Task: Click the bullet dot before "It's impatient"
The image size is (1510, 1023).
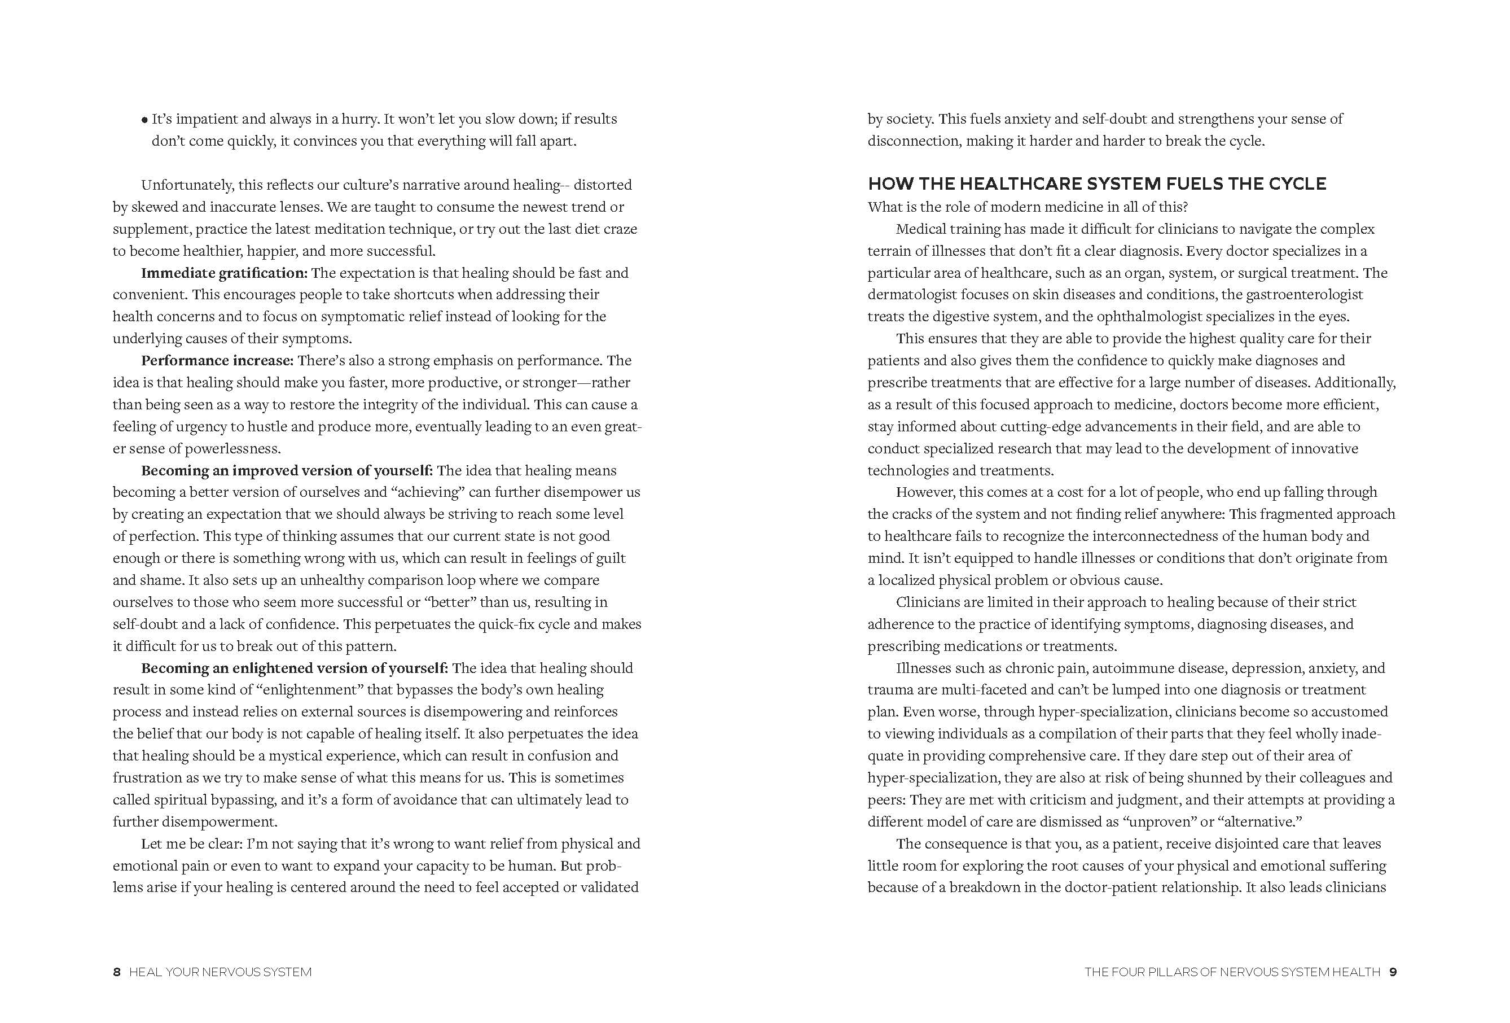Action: tap(144, 120)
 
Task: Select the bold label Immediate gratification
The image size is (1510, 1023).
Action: tap(224, 273)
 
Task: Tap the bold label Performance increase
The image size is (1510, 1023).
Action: tap(218, 361)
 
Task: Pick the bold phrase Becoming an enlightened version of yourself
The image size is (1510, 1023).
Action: tap(295, 668)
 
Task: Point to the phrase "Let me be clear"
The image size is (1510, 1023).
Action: tap(189, 844)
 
